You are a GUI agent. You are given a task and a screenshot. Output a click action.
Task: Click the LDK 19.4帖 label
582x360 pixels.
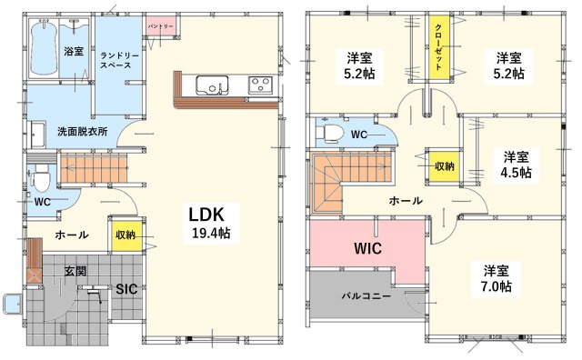point(211,223)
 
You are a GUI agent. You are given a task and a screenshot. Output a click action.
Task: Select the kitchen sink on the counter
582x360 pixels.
point(212,85)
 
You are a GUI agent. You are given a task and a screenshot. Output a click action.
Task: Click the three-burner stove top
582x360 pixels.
point(260,84)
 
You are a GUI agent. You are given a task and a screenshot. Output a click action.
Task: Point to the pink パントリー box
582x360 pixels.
point(162,26)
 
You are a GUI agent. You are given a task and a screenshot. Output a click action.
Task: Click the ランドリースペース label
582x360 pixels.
point(119,61)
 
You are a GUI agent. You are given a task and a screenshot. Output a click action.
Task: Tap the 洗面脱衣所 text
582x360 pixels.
point(83,132)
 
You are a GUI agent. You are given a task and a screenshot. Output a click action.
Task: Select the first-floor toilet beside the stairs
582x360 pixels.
point(40,177)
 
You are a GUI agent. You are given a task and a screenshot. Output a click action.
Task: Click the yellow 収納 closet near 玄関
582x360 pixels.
point(125,235)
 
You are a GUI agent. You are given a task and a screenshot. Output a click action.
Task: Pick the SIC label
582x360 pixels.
point(126,289)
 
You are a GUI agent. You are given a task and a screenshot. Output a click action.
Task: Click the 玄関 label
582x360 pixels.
point(75,271)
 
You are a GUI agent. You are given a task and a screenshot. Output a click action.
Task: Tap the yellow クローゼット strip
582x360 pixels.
point(439,47)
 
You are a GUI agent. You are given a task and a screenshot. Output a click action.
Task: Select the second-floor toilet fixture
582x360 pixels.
point(329,133)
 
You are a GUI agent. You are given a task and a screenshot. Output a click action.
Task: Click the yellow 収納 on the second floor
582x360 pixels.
point(444,165)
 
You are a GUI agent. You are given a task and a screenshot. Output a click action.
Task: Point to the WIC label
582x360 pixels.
point(367,248)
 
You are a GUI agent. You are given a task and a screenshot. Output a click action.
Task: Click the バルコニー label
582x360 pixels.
point(366,296)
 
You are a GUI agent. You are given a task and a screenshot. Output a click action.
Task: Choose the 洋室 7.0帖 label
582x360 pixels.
point(496,279)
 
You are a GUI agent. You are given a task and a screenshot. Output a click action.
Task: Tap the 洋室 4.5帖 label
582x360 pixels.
point(516,165)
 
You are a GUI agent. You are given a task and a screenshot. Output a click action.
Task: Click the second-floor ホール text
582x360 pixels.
point(406,201)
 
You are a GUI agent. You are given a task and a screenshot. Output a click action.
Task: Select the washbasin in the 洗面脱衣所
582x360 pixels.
point(37,135)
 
